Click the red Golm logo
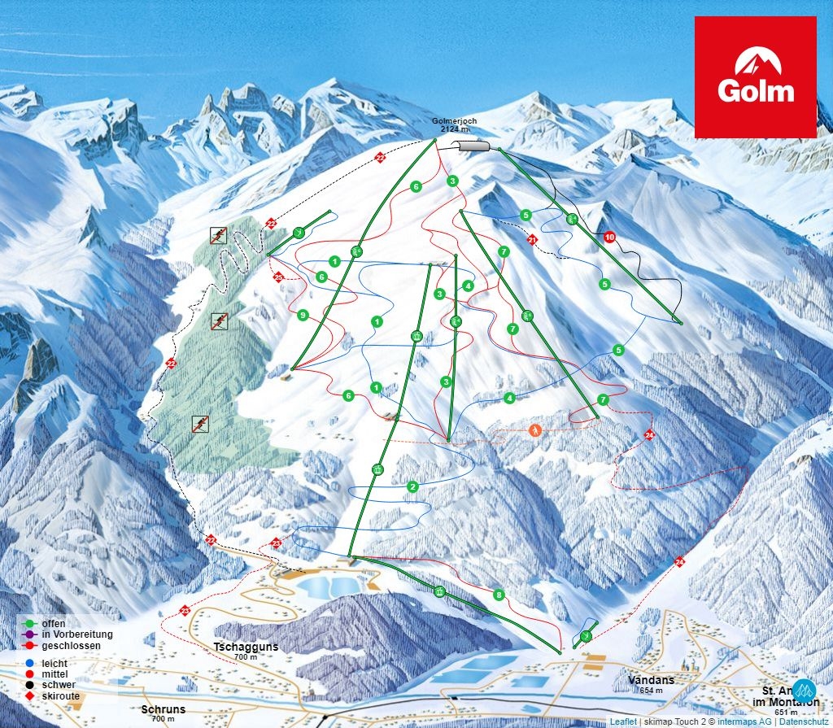[x=755, y=76]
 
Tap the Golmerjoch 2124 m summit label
[x=455, y=125]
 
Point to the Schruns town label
[x=163, y=709]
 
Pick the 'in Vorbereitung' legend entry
[x=76, y=634]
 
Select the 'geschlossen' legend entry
[x=70, y=645]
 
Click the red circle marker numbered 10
[x=610, y=237]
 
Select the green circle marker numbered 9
[x=303, y=315]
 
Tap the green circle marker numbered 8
[x=499, y=595]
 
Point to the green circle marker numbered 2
[x=413, y=486]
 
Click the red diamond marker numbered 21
[x=532, y=240]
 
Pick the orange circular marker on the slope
[x=535, y=429]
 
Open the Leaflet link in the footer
[x=623, y=721]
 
